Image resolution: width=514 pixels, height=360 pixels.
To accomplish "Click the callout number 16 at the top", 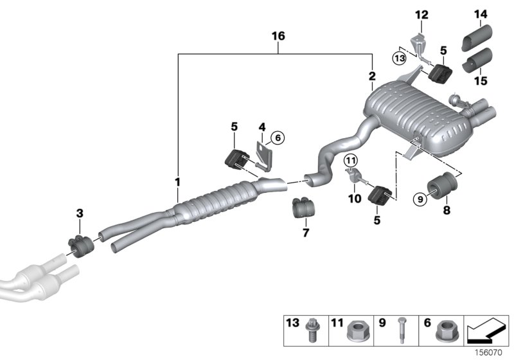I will [x=278, y=38].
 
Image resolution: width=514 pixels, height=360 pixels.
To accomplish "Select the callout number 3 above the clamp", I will [x=79, y=212].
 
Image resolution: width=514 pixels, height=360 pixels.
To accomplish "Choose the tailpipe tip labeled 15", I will [x=478, y=62].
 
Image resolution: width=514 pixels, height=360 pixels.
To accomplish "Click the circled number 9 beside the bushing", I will [x=420, y=199].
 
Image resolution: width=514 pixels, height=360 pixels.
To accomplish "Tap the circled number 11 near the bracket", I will [x=350, y=161].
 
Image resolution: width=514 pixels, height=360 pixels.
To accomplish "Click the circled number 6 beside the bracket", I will [x=277, y=137].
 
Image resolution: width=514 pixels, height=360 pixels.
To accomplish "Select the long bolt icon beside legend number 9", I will [x=400, y=331].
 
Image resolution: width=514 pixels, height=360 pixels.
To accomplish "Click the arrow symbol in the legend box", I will [x=486, y=330].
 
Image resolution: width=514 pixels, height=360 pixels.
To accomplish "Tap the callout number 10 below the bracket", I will [x=355, y=199].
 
